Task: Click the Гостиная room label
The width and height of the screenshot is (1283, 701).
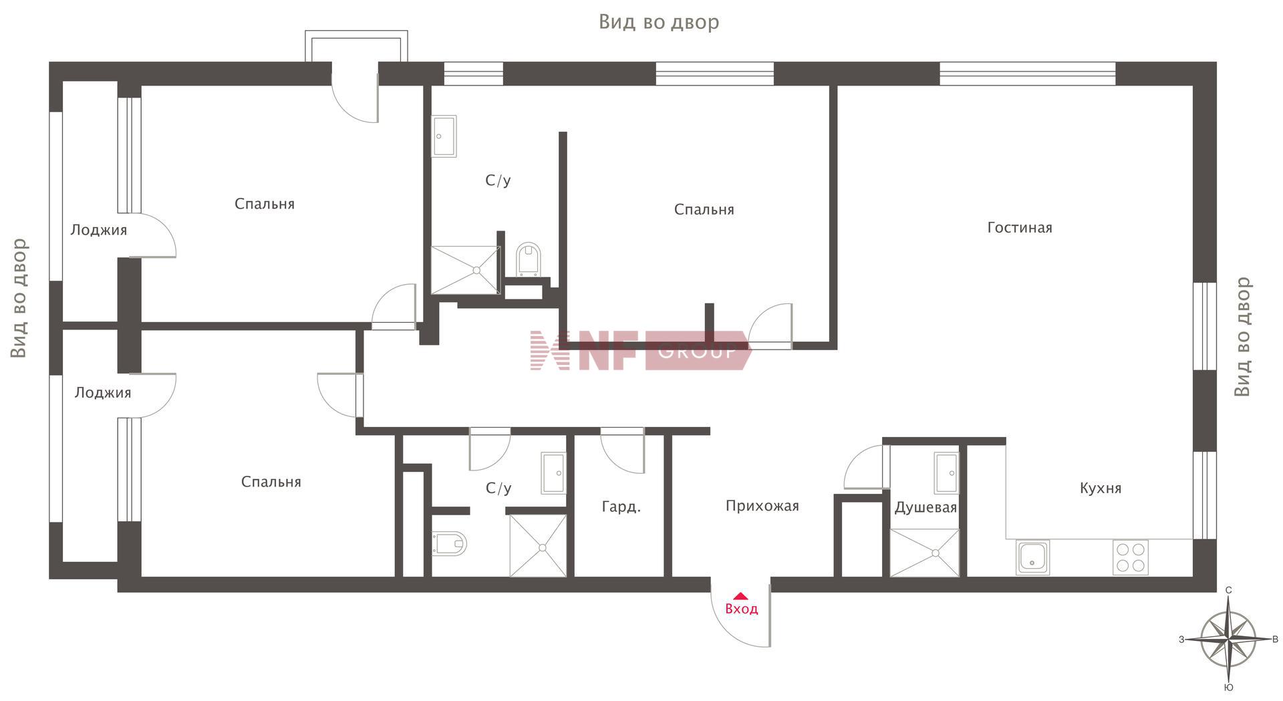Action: click(x=1020, y=228)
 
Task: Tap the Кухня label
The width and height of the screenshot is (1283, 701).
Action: click(x=1101, y=488)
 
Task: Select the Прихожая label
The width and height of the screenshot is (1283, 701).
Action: click(x=762, y=506)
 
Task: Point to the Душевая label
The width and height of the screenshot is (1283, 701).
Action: click(x=925, y=508)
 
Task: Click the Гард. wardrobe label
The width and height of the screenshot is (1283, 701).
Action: click(x=621, y=507)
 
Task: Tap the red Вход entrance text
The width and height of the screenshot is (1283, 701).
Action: click(x=741, y=609)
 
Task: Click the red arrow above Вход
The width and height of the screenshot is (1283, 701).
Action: click(x=740, y=595)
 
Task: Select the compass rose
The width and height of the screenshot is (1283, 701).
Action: click(x=1229, y=640)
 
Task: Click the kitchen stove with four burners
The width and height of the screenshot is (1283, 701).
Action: click(x=1131, y=557)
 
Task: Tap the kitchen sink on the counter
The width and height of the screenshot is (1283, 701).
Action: click(x=1032, y=557)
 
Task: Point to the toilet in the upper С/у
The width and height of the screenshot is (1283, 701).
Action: click(x=528, y=259)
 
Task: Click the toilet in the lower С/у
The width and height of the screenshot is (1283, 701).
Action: click(x=448, y=543)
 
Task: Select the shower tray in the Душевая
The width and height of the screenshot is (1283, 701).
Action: click(x=925, y=553)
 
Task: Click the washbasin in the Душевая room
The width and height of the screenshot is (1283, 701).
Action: click(x=946, y=472)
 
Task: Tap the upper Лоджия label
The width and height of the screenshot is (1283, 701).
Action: click(x=98, y=231)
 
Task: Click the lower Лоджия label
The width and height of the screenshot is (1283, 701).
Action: click(x=102, y=393)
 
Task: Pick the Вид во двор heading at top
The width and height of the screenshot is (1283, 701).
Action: click(x=659, y=22)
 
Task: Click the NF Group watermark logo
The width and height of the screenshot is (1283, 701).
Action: click(x=640, y=350)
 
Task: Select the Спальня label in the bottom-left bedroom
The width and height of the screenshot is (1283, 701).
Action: click(x=271, y=482)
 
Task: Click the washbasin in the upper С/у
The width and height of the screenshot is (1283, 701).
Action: click(x=444, y=136)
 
